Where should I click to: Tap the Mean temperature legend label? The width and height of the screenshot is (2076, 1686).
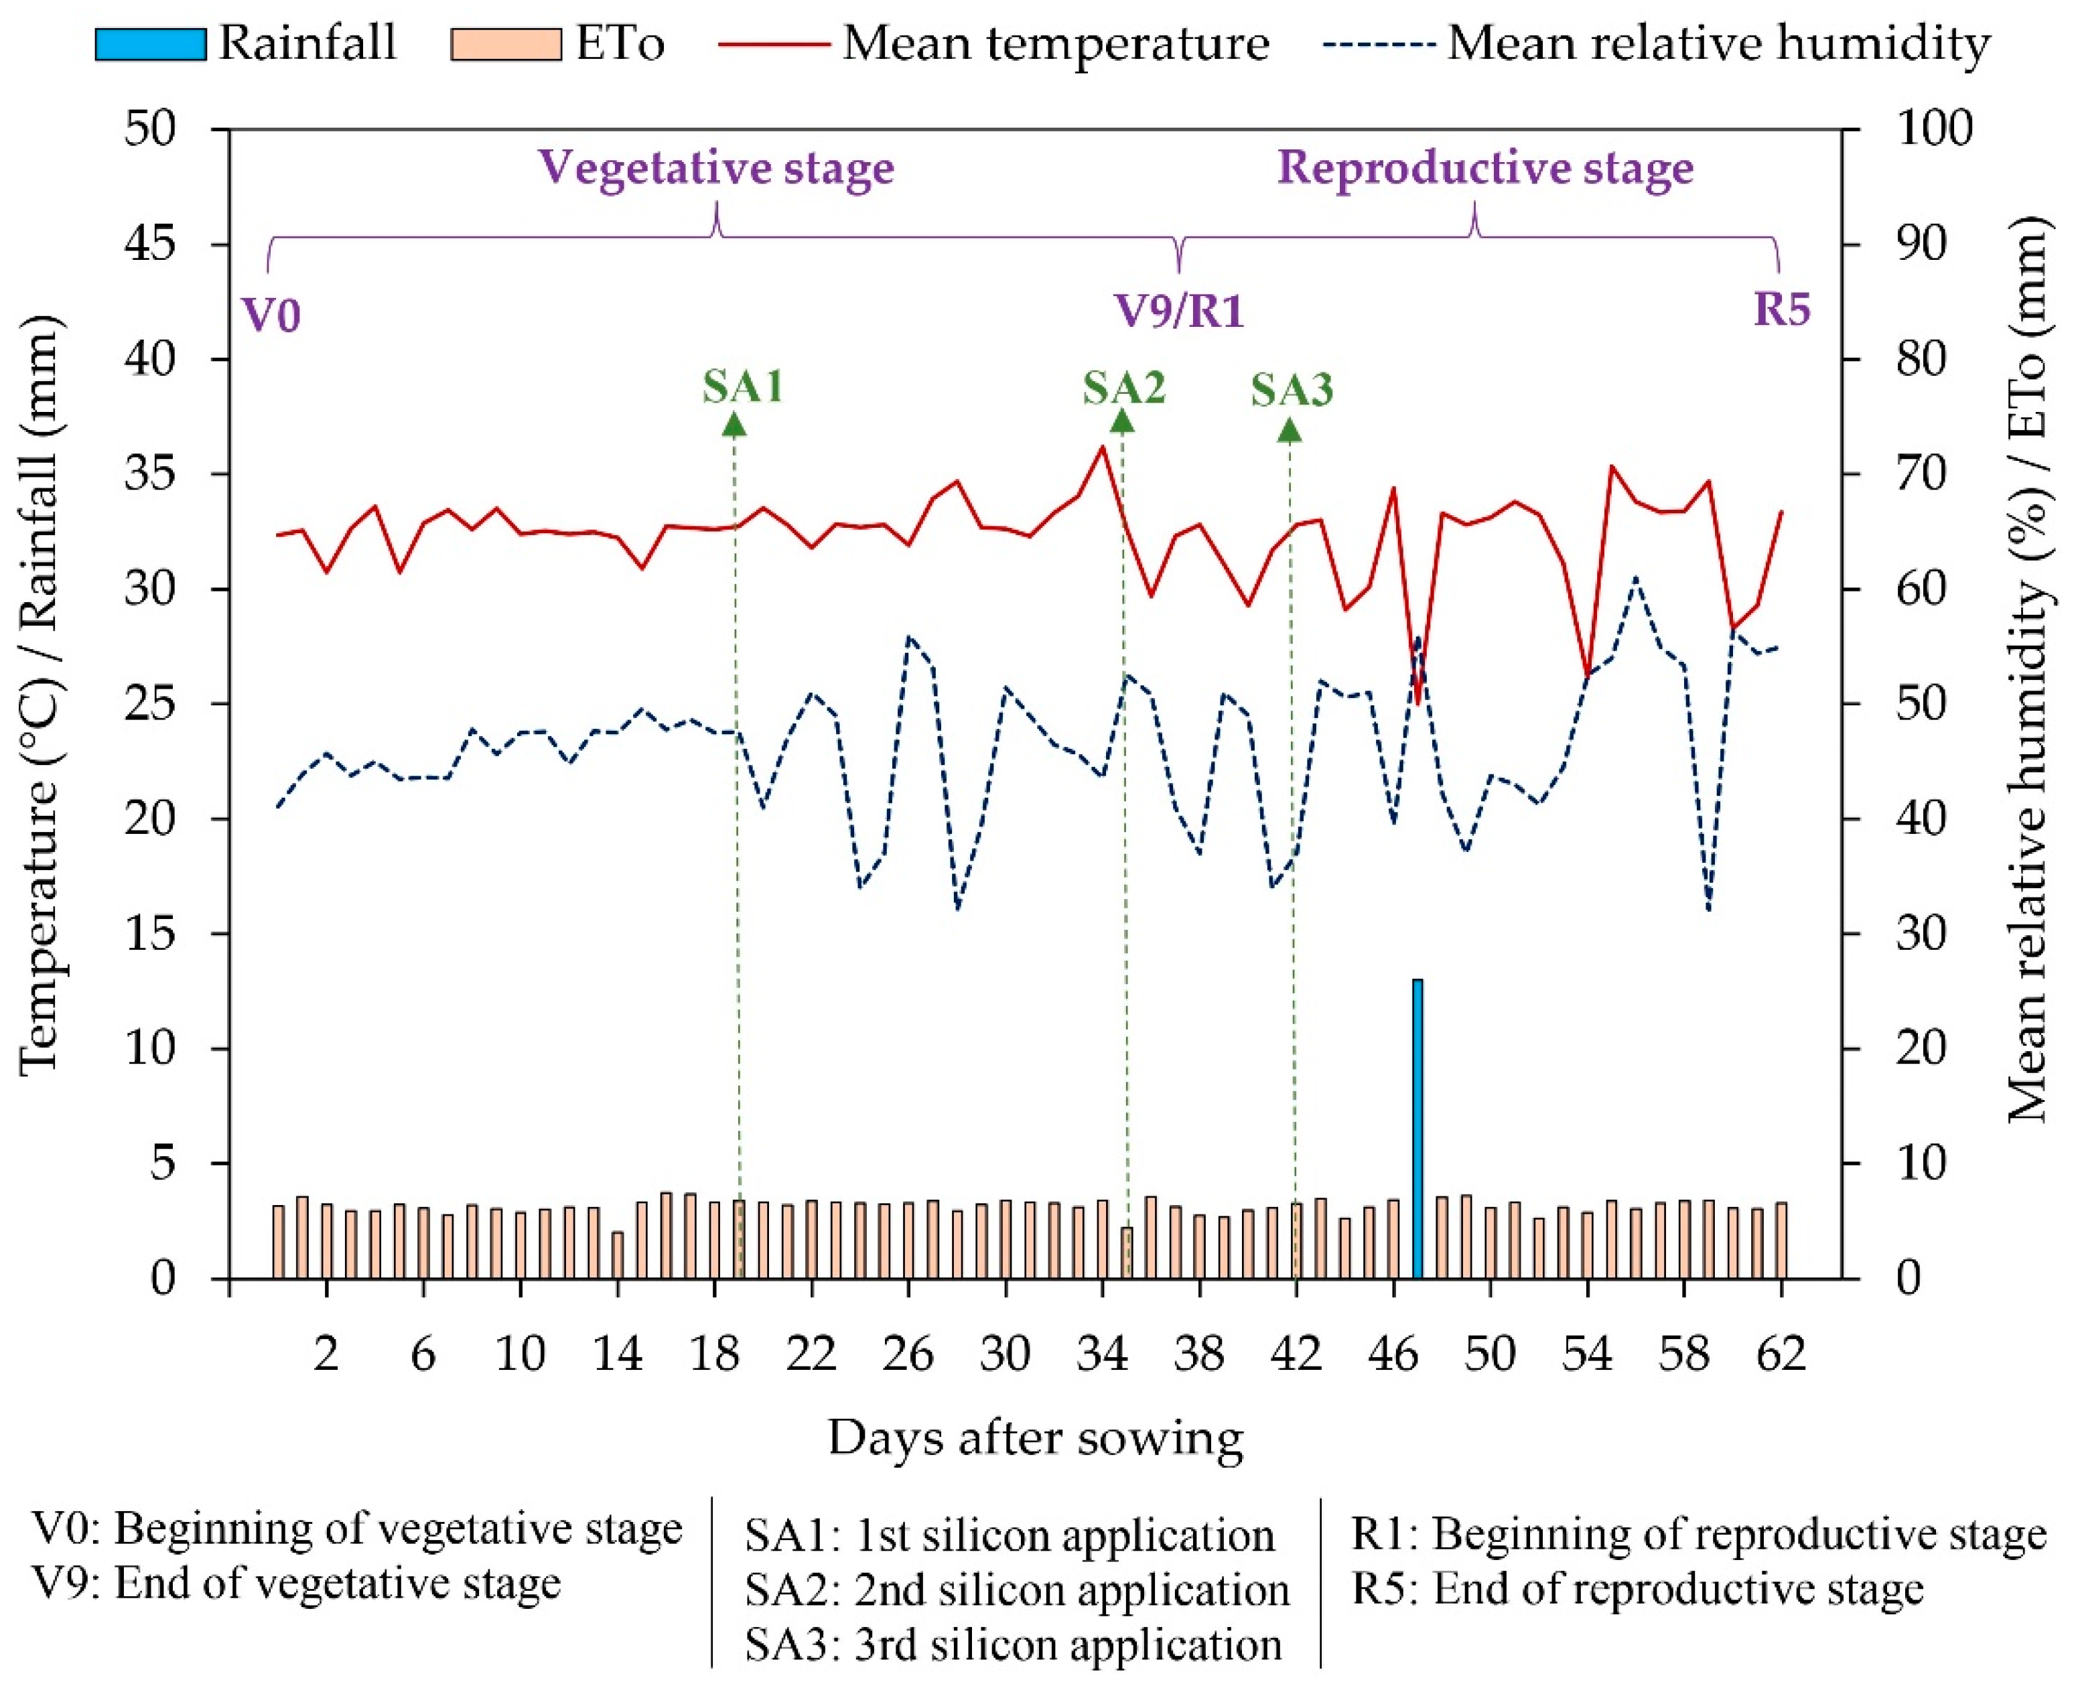(1056, 44)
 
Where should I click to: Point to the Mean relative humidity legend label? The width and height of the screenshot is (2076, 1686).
(1719, 44)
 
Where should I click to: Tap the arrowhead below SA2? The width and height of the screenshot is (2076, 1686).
(1123, 421)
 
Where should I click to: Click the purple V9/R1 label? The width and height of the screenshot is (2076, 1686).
(1179, 311)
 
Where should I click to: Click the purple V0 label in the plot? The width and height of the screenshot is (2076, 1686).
(271, 315)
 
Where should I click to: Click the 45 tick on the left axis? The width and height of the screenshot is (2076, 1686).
(151, 244)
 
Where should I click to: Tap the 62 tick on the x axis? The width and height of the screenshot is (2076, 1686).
(1781, 1354)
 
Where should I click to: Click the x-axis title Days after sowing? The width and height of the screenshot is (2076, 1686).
(1036, 1438)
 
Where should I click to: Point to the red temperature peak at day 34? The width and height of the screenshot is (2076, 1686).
(1102, 447)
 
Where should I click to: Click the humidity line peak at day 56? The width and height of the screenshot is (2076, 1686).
(1635, 578)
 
